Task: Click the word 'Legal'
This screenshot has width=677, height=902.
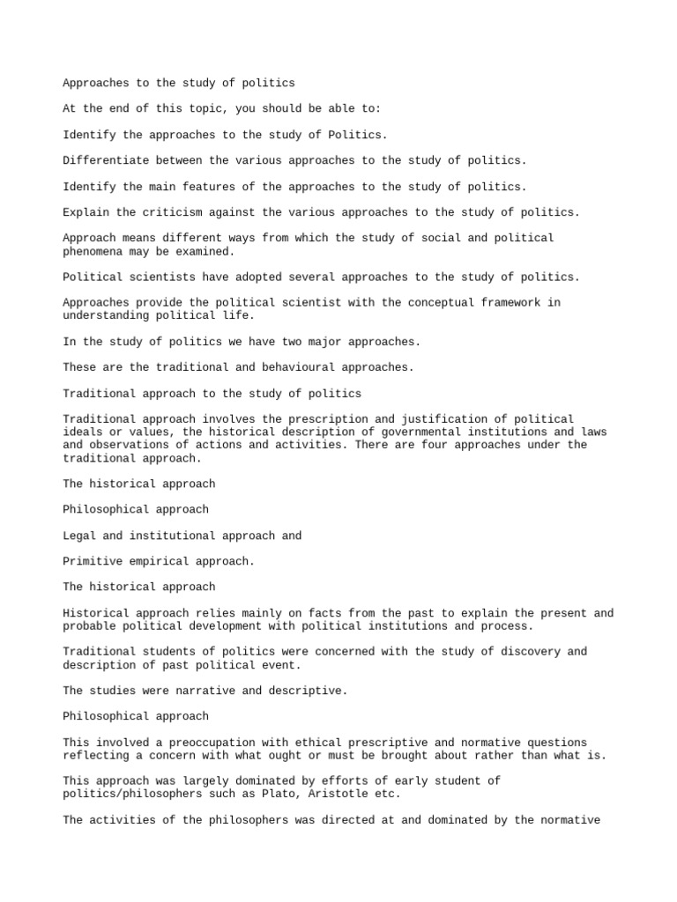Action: pos(81,536)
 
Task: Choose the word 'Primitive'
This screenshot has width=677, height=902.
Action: pos(96,561)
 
